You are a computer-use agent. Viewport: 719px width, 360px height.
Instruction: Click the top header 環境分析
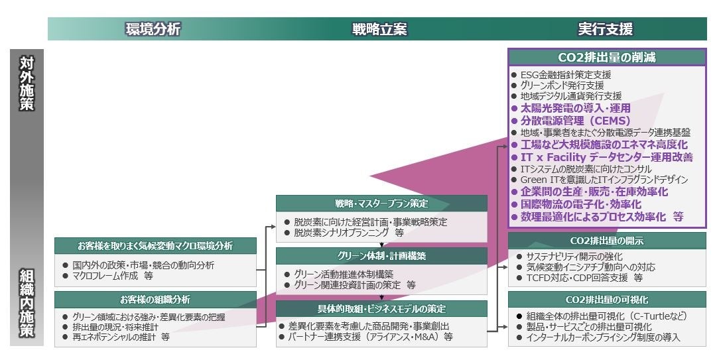153,29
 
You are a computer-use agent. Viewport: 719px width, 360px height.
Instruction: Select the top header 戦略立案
379,29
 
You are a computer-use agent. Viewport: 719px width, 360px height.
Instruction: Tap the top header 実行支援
605,29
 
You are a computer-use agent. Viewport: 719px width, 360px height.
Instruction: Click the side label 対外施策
27,84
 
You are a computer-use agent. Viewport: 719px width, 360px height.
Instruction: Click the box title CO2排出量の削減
607,58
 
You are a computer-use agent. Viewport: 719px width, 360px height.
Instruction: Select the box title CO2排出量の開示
607,241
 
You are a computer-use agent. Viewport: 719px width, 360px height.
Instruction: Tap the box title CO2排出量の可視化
607,300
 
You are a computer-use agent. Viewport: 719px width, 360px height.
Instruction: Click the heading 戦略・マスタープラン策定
381,203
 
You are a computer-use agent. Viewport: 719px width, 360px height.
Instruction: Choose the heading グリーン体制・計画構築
381,255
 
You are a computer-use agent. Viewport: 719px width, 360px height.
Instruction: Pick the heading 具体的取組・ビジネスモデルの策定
381,309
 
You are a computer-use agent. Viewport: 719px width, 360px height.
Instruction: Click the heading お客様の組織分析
155,300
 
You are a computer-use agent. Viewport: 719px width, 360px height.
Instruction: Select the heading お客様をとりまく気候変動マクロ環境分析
155,246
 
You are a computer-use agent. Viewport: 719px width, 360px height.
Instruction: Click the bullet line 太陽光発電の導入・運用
575,107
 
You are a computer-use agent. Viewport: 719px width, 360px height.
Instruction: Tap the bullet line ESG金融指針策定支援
566,75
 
